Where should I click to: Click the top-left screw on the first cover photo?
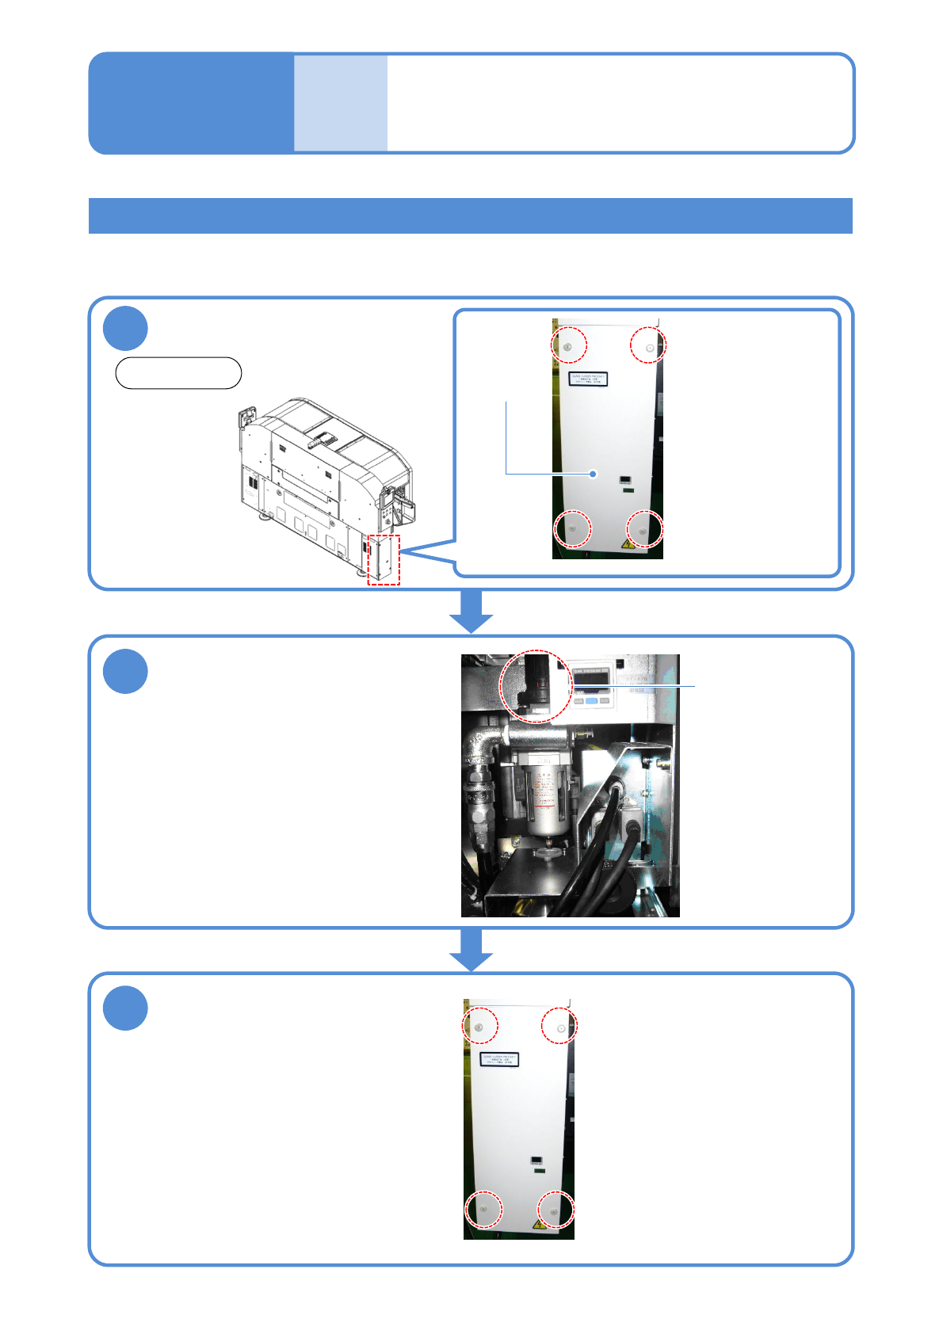pyautogui.click(x=568, y=346)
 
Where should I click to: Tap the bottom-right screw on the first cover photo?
pyautogui.click(x=643, y=528)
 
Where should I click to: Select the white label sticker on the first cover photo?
pyautogui.click(x=588, y=379)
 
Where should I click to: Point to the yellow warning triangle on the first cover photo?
pyautogui.click(x=628, y=544)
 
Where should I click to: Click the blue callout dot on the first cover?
pyautogui.click(x=593, y=474)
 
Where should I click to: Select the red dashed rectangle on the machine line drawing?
pyautogui.click(x=384, y=559)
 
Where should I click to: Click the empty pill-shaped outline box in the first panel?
pyautogui.click(x=178, y=373)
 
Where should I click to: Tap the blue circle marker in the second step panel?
pyautogui.click(x=125, y=671)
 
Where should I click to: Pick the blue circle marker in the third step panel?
pyautogui.click(x=125, y=1008)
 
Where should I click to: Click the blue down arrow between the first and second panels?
pyautogui.click(x=471, y=612)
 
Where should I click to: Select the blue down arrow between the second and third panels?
pyautogui.click(x=471, y=949)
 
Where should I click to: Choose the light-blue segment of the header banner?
pyautogui.click(x=341, y=103)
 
